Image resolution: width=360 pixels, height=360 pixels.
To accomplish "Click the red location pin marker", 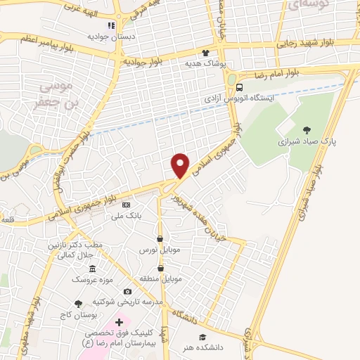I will (181, 165).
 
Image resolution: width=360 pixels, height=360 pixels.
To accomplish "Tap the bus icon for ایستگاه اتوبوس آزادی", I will (240, 88).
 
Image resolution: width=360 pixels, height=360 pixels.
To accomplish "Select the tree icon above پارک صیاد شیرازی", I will (307, 129).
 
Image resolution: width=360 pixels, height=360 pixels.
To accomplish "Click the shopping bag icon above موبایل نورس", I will (161, 239).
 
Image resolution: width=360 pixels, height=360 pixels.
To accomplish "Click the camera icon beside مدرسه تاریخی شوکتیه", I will (127, 291).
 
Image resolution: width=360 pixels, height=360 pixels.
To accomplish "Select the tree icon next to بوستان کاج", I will (77, 303).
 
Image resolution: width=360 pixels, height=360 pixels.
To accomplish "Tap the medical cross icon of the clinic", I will (119, 321).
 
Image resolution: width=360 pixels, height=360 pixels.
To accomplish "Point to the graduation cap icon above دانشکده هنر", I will (203, 336).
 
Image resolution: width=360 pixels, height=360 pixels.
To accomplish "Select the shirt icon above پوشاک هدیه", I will (206, 53).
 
